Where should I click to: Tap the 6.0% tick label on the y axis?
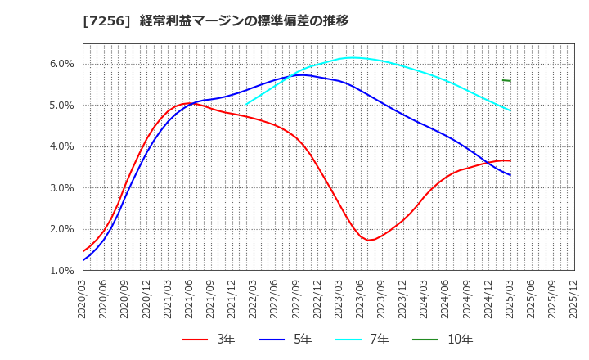pos(62,64)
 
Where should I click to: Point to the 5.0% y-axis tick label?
pos(62,106)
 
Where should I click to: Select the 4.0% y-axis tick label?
pos(62,146)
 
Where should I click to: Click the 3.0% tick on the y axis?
pos(62,188)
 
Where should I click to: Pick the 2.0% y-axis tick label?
pos(62,229)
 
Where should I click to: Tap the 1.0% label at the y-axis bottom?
pos(62,271)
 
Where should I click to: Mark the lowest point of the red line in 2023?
pos(370,240)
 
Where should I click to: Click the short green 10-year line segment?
pos(506,80)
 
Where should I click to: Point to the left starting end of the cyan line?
pos(246,104)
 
